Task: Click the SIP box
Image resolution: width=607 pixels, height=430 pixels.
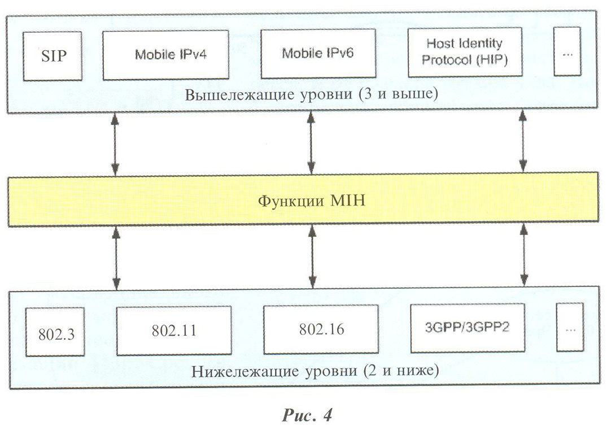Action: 53,56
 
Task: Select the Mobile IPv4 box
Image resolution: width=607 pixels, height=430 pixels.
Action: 165,55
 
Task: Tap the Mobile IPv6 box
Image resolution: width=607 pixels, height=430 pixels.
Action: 318,54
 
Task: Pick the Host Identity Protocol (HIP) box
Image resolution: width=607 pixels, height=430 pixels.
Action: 465,53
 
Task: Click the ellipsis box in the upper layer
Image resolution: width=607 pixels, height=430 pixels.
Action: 567,51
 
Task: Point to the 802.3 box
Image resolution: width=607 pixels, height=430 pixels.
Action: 55,332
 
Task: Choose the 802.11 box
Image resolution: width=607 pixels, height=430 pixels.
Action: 174,331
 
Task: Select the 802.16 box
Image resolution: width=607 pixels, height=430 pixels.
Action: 321,329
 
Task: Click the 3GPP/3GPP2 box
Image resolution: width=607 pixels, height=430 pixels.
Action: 468,328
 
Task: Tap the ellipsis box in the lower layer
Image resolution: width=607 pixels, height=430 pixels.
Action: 570,327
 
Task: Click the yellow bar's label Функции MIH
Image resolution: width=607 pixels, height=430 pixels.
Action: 312,201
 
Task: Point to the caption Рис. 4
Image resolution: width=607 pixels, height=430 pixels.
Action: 307,415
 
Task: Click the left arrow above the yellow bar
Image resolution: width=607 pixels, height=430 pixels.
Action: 115,144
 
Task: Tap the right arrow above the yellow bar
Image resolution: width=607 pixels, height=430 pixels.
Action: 523,141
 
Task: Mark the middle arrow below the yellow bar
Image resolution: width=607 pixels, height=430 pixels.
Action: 312,257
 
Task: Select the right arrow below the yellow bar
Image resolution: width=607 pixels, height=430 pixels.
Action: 524,255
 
